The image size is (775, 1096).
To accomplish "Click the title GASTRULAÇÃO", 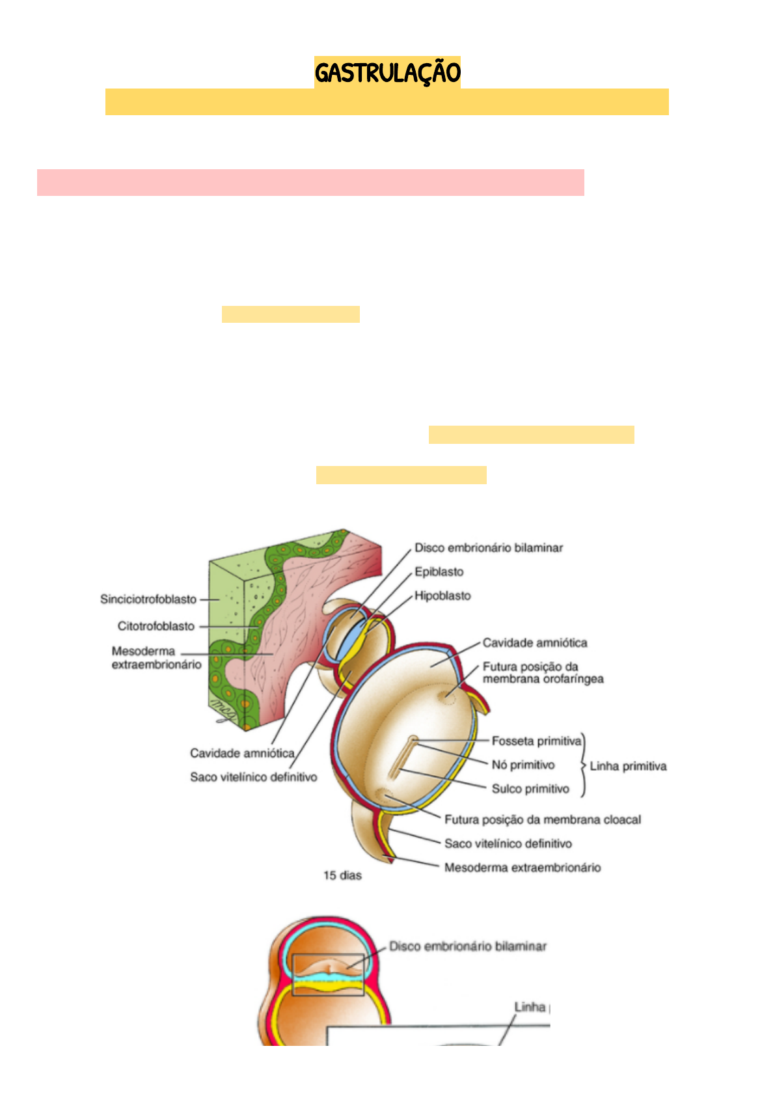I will pyautogui.click(x=387, y=72).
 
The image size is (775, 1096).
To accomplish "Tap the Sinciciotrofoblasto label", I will pyautogui.click(x=148, y=599).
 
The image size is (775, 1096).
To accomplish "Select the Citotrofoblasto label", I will pyautogui.click(x=156, y=626).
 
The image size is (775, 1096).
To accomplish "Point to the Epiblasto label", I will pyautogui.click(x=439, y=572).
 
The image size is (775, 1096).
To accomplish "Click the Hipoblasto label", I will pyautogui.click(x=442, y=596).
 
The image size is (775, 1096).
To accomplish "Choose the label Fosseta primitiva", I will pyautogui.click(x=536, y=741).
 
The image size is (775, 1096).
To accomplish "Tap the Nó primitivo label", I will pyautogui.click(x=523, y=765).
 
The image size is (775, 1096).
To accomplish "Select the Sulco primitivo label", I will pyautogui.click(x=530, y=789).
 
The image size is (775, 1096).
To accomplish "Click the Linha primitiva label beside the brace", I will pyautogui.click(x=628, y=766).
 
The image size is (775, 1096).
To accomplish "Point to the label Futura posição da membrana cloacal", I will pyautogui.click(x=543, y=819).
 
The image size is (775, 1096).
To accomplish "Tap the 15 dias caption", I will pyautogui.click(x=342, y=875).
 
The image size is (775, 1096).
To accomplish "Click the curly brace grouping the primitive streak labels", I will pyautogui.click(x=583, y=765).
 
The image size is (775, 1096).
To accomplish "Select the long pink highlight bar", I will pyautogui.click(x=310, y=183).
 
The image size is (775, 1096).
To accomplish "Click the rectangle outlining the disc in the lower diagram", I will pyautogui.click(x=328, y=974).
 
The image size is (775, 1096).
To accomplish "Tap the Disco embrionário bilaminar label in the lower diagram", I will pyautogui.click(x=468, y=946).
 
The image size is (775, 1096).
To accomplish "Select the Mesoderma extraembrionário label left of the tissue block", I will pyautogui.click(x=156, y=657).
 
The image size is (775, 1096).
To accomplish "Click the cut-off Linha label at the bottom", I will pyautogui.click(x=530, y=1007).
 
